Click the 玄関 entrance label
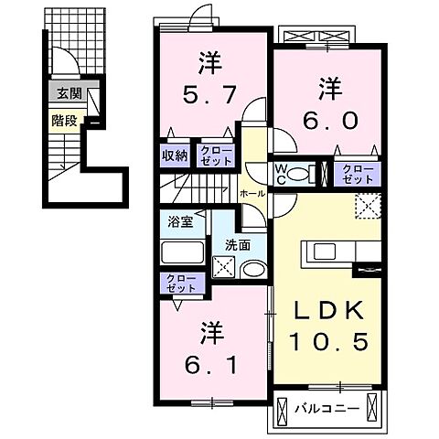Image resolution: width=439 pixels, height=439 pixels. click(x=67, y=93)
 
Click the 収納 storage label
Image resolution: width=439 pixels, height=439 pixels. click(x=176, y=155)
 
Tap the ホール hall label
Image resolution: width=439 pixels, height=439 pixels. click(x=252, y=194)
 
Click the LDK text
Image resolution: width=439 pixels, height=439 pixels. click(x=330, y=310)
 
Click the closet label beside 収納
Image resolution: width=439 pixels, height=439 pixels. click(x=216, y=155)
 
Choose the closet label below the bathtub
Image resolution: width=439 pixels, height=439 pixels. click(x=177, y=284)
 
